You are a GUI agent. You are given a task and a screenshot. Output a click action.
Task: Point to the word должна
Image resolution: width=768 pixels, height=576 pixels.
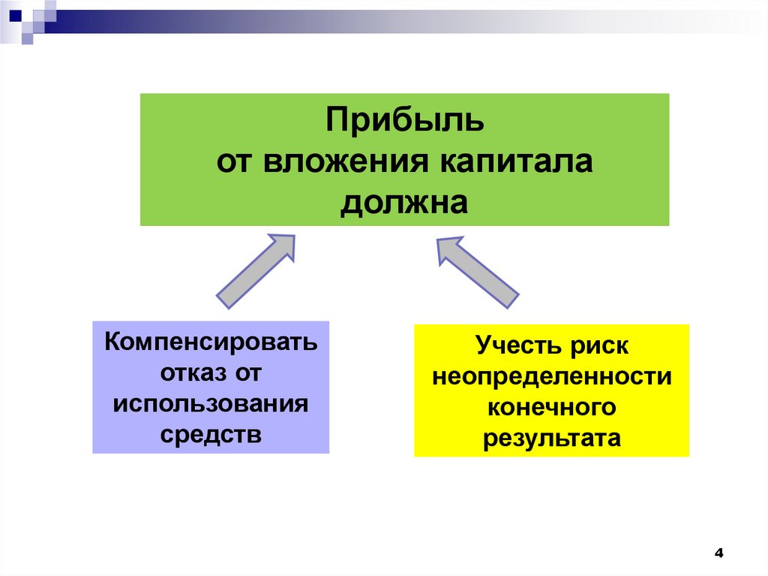tap(404, 203)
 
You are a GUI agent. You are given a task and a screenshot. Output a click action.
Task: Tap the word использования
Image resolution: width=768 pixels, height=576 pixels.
tap(211, 404)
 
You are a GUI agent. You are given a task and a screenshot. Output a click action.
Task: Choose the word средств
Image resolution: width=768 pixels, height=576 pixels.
tap(211, 434)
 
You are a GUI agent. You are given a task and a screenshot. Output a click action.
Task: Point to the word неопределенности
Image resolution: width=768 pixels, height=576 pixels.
tap(551, 377)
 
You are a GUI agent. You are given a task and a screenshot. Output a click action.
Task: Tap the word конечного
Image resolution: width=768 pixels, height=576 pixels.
tap(551, 407)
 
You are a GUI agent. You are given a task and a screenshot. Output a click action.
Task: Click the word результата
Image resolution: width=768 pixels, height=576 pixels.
tap(551, 438)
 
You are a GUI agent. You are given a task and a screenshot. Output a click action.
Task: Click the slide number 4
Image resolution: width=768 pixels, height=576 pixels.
tap(719, 554)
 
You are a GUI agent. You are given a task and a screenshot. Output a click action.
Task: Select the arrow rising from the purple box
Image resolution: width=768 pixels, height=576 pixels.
tap(255, 271)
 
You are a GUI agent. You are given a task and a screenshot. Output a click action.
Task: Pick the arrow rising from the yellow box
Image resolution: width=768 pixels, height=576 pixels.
tap(478, 272)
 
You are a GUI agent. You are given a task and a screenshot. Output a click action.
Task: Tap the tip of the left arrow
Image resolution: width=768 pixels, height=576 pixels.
tap(293, 237)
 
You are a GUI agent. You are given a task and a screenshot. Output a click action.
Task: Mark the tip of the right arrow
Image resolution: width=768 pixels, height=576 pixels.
tap(439, 238)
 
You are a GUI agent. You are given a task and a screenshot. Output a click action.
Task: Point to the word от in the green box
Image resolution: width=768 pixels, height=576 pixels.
tap(233, 162)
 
